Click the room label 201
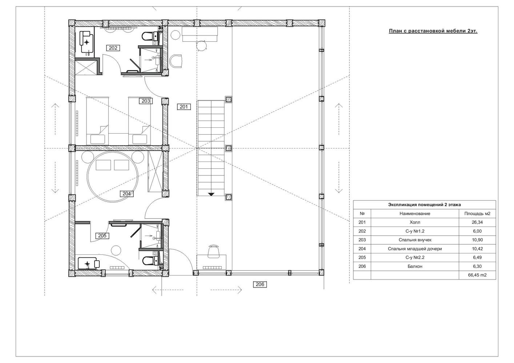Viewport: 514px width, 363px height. [184, 107]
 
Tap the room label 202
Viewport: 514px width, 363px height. [113, 48]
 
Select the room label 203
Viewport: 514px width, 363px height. [146, 101]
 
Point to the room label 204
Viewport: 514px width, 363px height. [127, 193]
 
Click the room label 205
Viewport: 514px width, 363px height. [102, 236]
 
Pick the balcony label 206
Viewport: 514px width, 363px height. [260, 284]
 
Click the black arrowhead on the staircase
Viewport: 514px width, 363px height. [211, 194]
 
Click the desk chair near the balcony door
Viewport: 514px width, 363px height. [214, 252]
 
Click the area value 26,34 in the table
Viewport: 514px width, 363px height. [477, 222]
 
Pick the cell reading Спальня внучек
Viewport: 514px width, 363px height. [415, 240]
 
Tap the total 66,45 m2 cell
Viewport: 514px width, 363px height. [477, 275]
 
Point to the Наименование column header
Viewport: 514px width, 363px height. [415, 213]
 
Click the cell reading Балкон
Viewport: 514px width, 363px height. [415, 266]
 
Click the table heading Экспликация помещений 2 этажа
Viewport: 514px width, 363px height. [425, 205]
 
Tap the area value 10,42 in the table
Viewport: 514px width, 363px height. [477, 249]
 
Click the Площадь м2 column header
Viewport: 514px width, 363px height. [477, 213]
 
